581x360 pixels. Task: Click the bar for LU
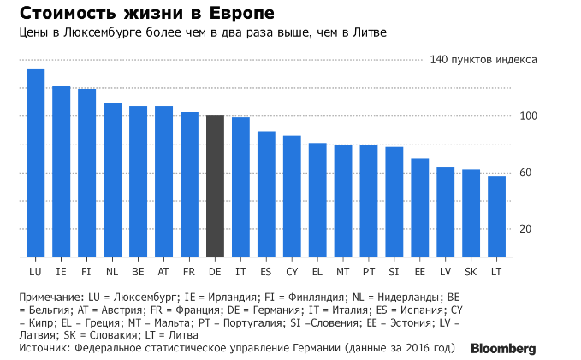pyautogui.click(x=35, y=162)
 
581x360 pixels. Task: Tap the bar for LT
pyautogui.click(x=496, y=216)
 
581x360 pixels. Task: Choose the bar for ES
pyautogui.click(x=266, y=194)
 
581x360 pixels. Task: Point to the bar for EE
pyautogui.click(x=419, y=208)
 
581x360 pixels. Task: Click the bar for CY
pyautogui.click(x=292, y=196)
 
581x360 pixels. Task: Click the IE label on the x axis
pyautogui.click(x=61, y=271)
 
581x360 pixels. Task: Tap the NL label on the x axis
pyautogui.click(x=112, y=271)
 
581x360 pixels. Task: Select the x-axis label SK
pyautogui.click(x=471, y=271)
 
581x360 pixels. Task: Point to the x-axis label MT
pyautogui.click(x=343, y=271)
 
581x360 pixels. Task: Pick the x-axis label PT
pyautogui.click(x=369, y=271)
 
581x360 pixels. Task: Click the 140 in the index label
pyautogui.click(x=439, y=60)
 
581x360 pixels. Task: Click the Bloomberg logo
pyautogui.click(x=503, y=349)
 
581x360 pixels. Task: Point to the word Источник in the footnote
pyautogui.click(x=43, y=349)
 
